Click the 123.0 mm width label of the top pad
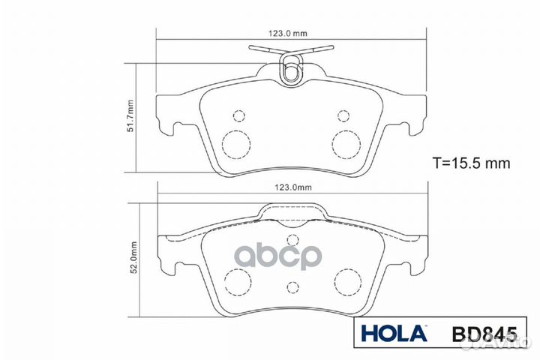coord(290,34)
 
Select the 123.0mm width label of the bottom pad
coord(290,190)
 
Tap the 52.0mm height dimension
coord(133,259)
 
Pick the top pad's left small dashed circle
coord(239,115)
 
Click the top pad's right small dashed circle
coord(343,115)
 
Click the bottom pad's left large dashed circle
coord(238,283)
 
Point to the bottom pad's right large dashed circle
coord(346,283)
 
